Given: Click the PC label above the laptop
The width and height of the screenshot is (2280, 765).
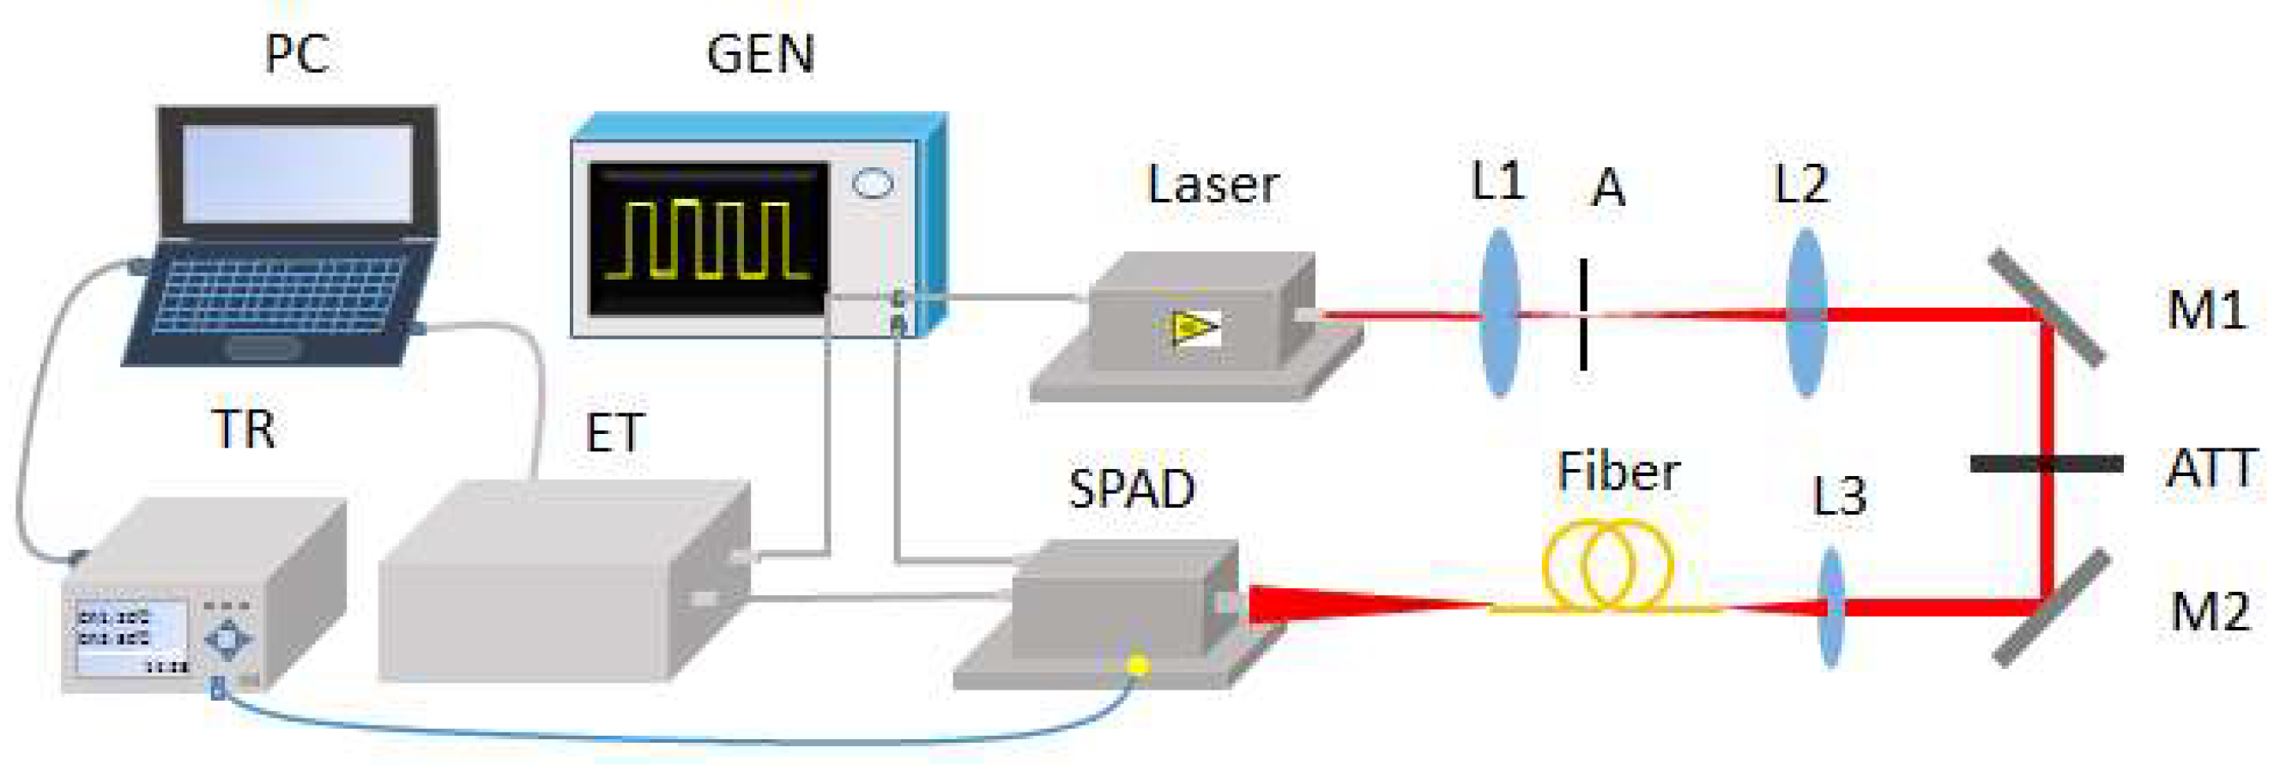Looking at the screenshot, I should pyautogui.click(x=298, y=55).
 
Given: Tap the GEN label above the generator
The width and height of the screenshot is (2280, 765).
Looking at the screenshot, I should pyautogui.click(x=760, y=55).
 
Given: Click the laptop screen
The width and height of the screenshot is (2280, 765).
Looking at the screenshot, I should pyautogui.click(x=298, y=173).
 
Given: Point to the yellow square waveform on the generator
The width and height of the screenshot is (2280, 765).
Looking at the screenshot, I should pyautogui.click(x=708, y=238).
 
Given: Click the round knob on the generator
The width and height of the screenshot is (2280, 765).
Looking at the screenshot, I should pyautogui.click(x=873, y=183).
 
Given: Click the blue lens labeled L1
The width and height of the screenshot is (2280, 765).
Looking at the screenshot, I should pyautogui.click(x=1499, y=312).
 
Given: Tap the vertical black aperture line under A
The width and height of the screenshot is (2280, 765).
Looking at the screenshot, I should pyautogui.click(x=1583, y=314).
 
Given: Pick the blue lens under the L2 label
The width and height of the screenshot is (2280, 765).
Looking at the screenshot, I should pyautogui.click(x=1805, y=312).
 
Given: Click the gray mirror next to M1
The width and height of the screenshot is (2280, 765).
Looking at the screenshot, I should pyautogui.click(x=2047, y=308).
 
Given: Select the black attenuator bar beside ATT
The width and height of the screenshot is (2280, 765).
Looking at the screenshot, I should pyautogui.click(x=2047, y=462).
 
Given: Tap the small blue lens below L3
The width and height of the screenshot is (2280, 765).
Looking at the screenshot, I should pyautogui.click(x=1831, y=607).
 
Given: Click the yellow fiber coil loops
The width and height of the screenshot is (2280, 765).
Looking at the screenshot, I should pyautogui.click(x=1606, y=566).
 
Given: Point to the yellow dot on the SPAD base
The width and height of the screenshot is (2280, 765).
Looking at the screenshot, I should pyautogui.click(x=1138, y=663).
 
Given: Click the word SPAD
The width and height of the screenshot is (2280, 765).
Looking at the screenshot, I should pyautogui.click(x=1131, y=489).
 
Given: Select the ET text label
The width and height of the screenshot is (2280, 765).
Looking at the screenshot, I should pyautogui.click(x=614, y=433).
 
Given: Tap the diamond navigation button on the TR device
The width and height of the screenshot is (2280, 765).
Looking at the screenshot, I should pyautogui.click(x=228, y=639).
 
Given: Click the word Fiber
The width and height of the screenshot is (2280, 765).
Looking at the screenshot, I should pyautogui.click(x=1618, y=472).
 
